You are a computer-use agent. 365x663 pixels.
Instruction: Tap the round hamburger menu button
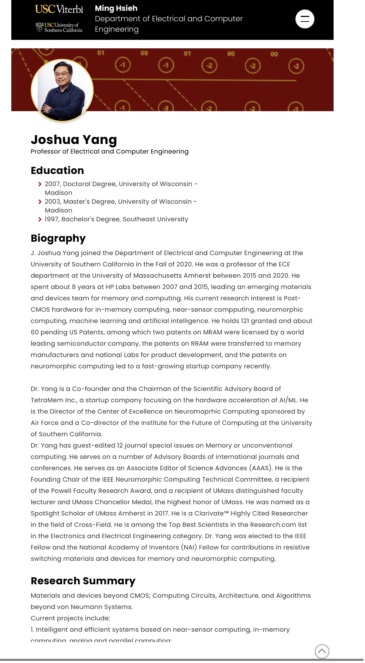[x=305, y=19]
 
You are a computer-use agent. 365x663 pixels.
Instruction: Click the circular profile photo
[x=62, y=91]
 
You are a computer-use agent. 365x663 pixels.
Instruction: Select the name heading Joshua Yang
[x=74, y=140]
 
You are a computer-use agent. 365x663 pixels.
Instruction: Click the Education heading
[x=57, y=170]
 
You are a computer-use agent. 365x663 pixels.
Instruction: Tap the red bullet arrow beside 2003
[x=40, y=202]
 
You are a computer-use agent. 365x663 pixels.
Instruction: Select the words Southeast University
[x=155, y=219]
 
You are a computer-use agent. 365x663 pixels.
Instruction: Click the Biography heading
[x=58, y=238]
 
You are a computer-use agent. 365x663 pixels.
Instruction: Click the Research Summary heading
[x=83, y=581]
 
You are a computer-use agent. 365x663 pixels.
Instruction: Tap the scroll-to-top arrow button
[x=322, y=651]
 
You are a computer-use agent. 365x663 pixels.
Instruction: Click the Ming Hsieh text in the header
[x=116, y=8]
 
